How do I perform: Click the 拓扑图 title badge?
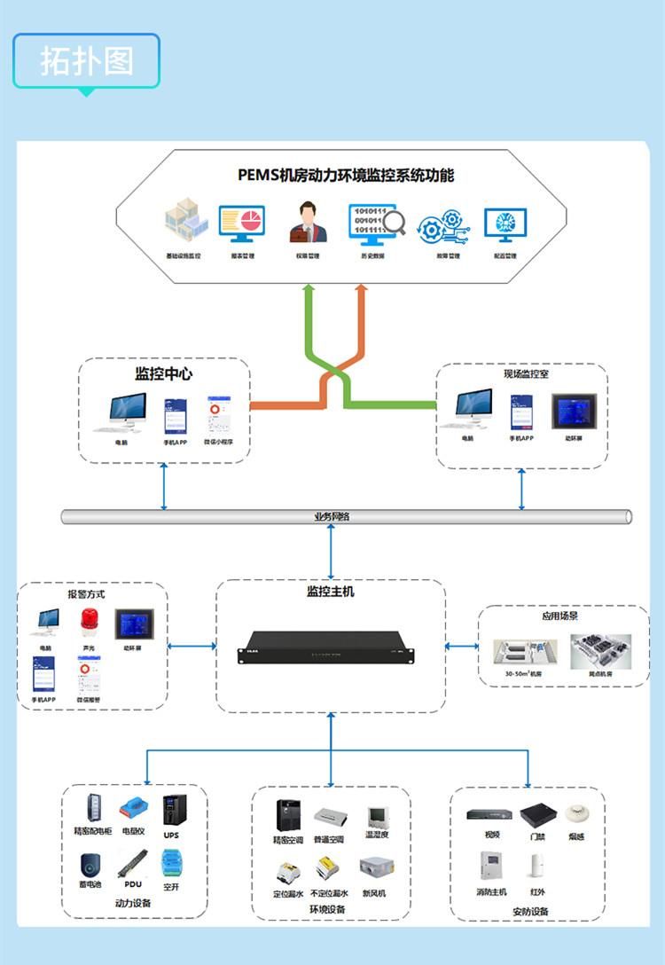86,60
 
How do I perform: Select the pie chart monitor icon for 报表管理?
241,224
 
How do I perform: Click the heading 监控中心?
163,373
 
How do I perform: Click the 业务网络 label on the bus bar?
332,517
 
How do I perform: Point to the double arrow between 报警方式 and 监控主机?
192,646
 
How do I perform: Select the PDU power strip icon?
132,863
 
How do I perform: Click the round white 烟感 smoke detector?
576,813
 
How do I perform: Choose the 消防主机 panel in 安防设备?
490,867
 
